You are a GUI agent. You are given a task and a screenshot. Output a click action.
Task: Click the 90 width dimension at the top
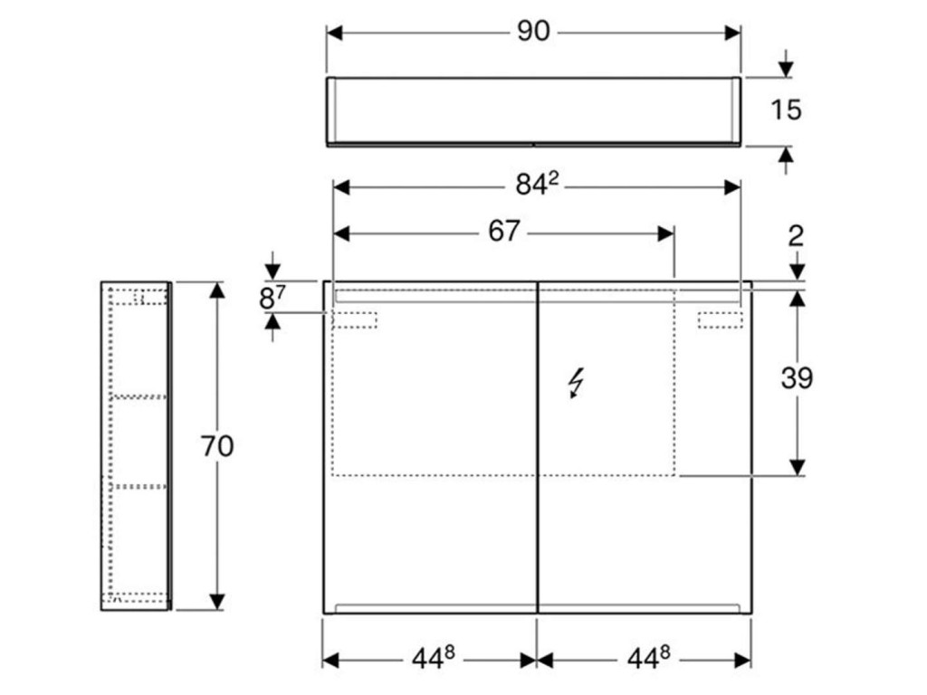click(533, 32)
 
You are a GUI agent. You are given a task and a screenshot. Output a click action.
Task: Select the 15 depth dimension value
click(786, 110)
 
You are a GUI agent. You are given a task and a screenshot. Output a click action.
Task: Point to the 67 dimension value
click(504, 232)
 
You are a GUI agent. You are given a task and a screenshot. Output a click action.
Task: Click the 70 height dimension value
click(217, 445)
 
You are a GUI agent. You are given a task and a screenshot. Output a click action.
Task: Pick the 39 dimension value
click(797, 378)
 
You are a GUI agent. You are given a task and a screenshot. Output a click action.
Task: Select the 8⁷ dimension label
click(272, 297)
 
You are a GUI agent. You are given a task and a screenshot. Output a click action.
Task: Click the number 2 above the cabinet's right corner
click(796, 236)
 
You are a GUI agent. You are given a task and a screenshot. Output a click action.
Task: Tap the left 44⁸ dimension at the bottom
click(430, 660)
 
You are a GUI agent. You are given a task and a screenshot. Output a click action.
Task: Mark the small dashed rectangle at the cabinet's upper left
click(356, 319)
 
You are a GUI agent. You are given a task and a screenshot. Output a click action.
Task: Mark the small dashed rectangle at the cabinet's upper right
click(721, 319)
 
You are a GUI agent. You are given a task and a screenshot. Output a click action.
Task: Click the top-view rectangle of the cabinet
click(533, 110)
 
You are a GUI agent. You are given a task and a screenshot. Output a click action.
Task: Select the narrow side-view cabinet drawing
click(136, 445)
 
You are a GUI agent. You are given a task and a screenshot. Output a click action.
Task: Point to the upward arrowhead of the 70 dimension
click(216, 290)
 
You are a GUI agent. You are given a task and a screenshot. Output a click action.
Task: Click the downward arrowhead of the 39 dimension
click(797, 467)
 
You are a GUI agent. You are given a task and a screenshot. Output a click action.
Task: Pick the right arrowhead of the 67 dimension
click(666, 233)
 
